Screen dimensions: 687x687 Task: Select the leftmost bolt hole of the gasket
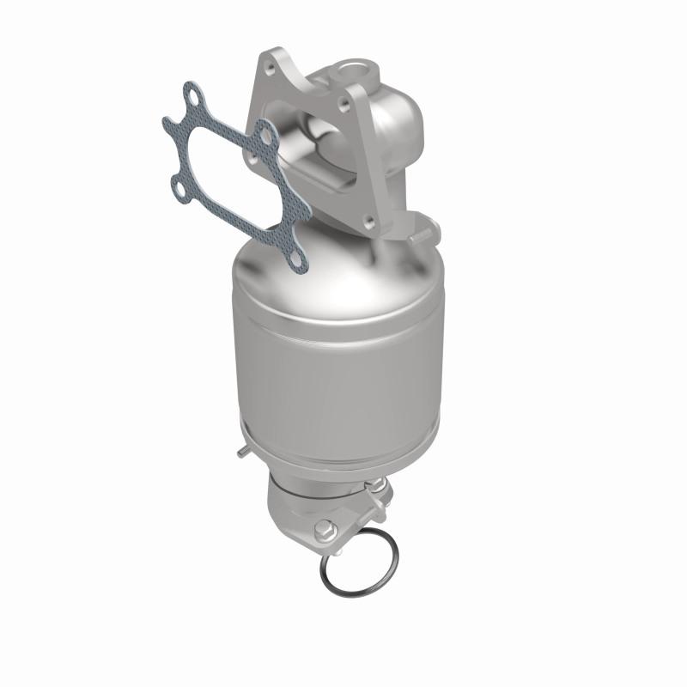pos(179,184)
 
